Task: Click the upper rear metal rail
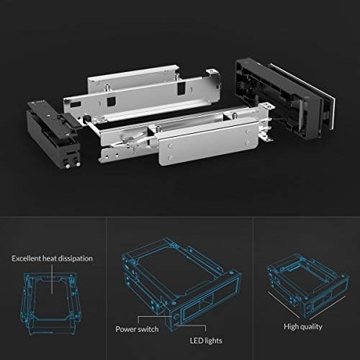[x=144, y=86]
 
